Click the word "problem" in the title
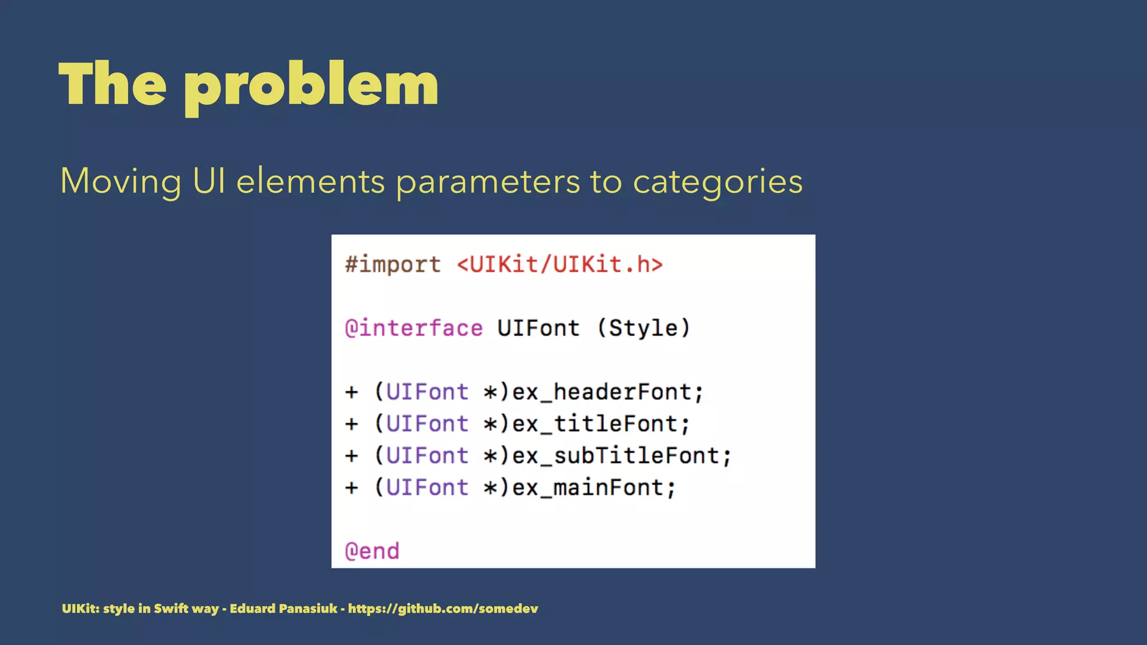[x=311, y=85]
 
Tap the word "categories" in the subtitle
[x=717, y=182]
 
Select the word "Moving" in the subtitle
[x=120, y=182]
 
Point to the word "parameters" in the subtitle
[x=488, y=182]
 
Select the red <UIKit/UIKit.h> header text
[x=559, y=264]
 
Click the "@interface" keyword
[x=414, y=328]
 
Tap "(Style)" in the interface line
[x=644, y=328]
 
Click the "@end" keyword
[x=372, y=551]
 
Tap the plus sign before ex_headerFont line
[x=352, y=392]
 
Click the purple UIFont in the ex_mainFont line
[x=427, y=488]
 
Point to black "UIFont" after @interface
[x=538, y=328]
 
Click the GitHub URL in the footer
[x=443, y=609]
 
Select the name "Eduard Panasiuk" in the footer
[x=283, y=609]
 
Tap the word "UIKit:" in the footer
[x=80, y=609]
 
